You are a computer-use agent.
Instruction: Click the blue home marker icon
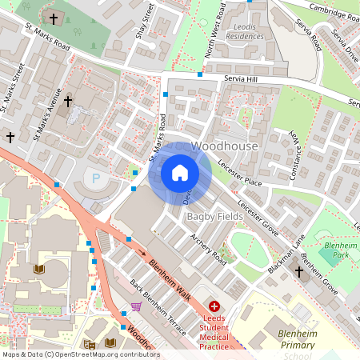[180, 173]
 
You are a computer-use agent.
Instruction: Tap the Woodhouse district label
[225, 147]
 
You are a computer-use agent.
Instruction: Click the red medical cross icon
[214, 306]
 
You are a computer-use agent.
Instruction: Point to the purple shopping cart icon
[137, 306]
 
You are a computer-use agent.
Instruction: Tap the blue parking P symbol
[97, 178]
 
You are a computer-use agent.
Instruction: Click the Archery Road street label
[209, 247]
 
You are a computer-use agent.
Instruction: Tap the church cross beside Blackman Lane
[298, 272]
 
